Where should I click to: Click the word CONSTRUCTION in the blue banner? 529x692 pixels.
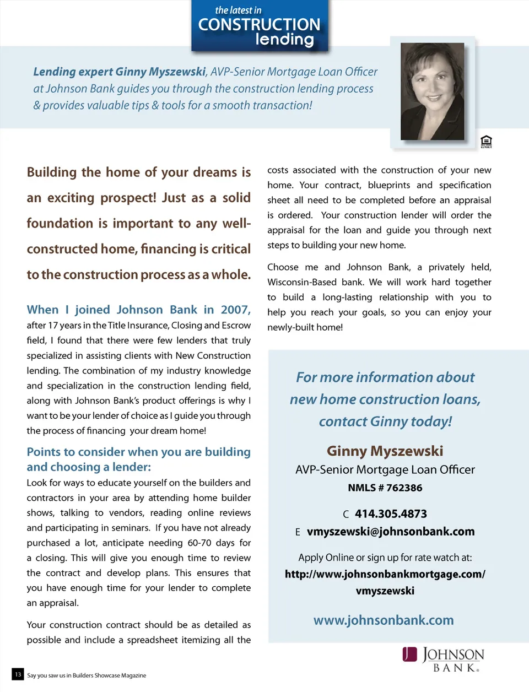259,25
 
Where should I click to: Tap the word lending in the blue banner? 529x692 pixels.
284,40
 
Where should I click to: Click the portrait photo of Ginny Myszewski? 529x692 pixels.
432,91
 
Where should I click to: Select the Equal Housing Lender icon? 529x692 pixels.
486,142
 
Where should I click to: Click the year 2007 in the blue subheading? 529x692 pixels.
235,310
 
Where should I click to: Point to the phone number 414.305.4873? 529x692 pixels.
391,514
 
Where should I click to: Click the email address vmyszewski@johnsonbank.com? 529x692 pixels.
390,532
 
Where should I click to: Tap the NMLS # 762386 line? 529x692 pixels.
385,488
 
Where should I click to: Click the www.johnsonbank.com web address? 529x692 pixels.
384,620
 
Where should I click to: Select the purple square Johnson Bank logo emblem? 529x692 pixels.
409,654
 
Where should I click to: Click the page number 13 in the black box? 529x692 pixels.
18,674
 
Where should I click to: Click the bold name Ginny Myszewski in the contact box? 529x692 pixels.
385,451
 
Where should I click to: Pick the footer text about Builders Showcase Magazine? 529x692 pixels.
87,675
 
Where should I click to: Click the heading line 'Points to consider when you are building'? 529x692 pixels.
138,452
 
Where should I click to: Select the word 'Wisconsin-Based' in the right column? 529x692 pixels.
301,282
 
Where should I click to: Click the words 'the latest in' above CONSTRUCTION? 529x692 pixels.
238,10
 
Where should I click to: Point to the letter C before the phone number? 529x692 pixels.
346,515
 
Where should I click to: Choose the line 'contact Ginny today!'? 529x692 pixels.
385,421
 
